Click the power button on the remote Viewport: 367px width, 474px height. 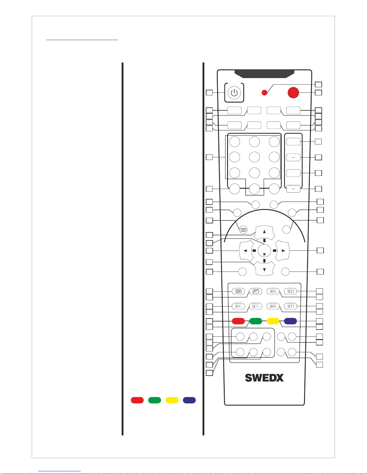click(x=234, y=92)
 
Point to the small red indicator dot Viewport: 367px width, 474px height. click(x=264, y=93)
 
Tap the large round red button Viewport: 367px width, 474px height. click(x=293, y=93)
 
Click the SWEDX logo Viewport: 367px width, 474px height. click(x=264, y=378)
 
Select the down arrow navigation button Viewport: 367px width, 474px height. click(x=264, y=269)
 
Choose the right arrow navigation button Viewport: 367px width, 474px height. click(x=282, y=251)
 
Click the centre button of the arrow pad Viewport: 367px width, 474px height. click(x=264, y=251)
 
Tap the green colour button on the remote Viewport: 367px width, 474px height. click(x=256, y=321)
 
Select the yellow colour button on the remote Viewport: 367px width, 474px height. click(x=273, y=321)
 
